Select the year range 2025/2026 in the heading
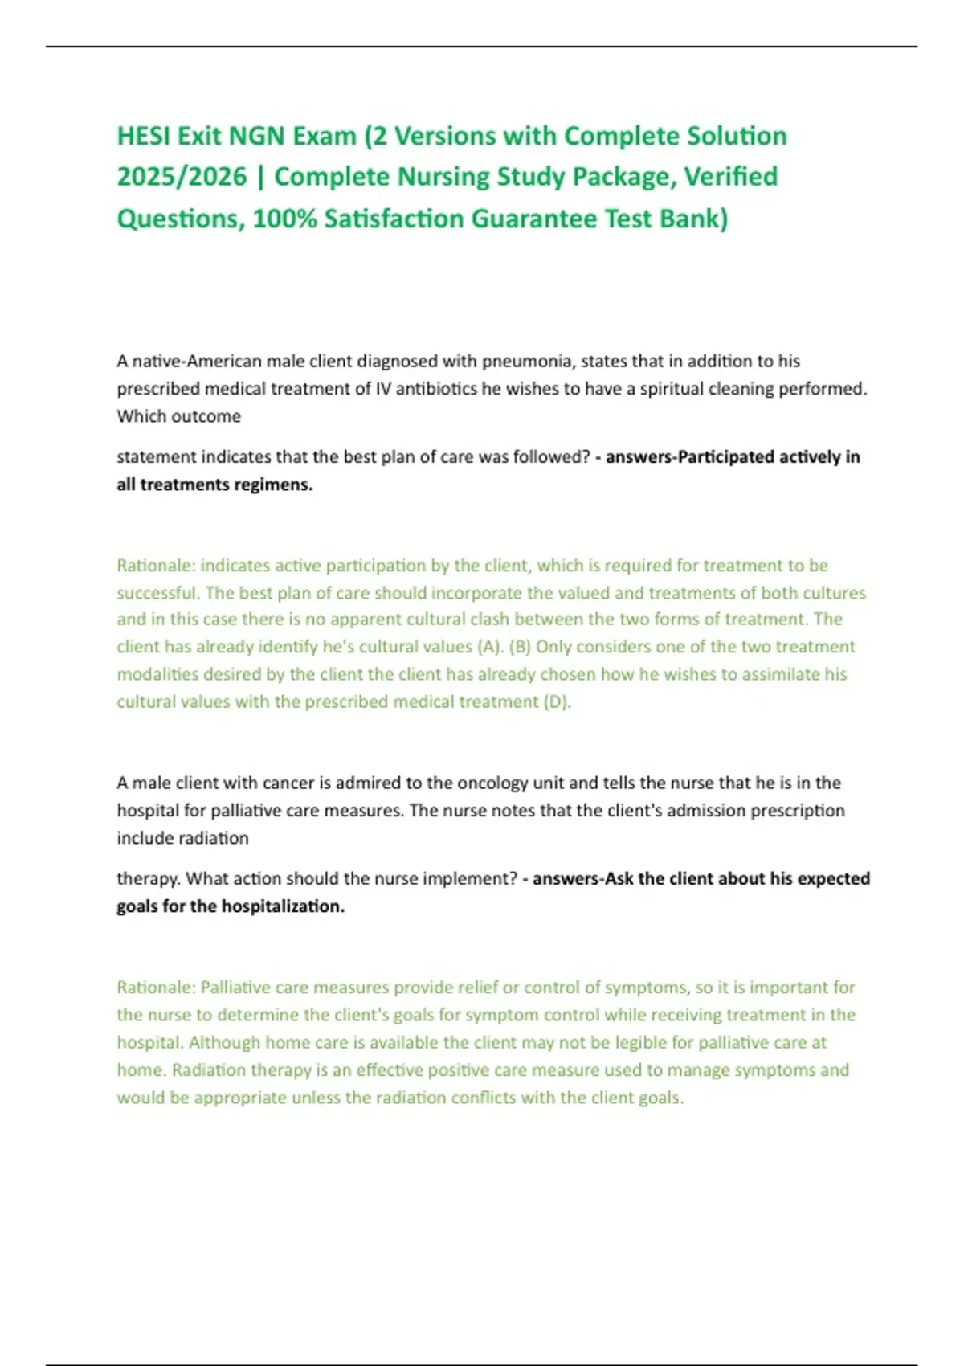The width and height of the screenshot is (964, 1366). (x=182, y=177)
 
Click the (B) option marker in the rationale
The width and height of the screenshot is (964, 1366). (x=520, y=647)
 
